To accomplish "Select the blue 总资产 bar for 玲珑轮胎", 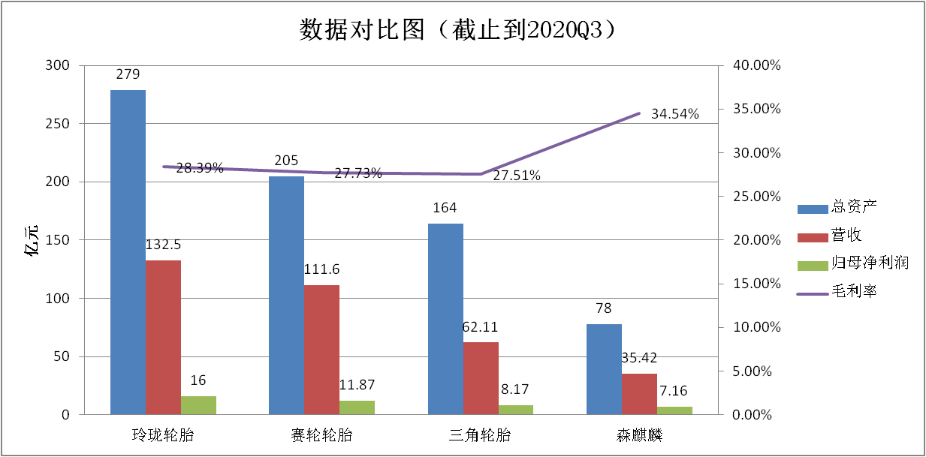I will tap(128, 252).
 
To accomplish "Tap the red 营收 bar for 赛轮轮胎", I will tap(321, 350).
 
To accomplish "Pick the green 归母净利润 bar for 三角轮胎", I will tap(516, 410).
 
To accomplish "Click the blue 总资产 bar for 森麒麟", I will tap(604, 369).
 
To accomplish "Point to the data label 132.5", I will tap(162, 245).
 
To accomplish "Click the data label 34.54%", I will tap(674, 115).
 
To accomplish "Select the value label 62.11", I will tap(480, 327).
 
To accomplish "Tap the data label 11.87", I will tap(357, 385).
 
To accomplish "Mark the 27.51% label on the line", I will tap(517, 176).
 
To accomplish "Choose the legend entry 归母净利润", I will tap(870, 263).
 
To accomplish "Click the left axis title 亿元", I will tap(34, 240).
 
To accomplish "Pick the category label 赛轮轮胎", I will tap(321, 436).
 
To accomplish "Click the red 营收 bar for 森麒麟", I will tap(639, 394).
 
